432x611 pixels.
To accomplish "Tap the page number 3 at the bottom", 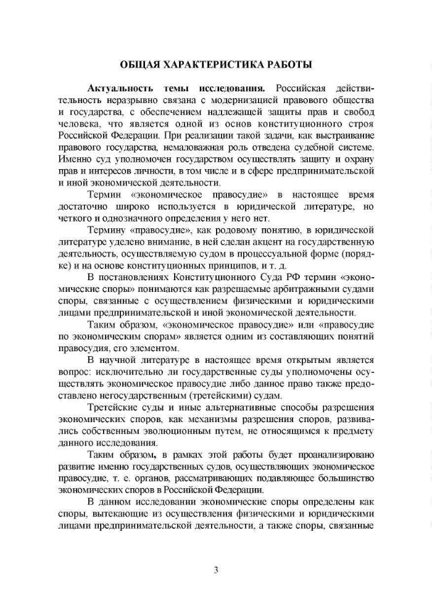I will (x=215, y=570).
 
